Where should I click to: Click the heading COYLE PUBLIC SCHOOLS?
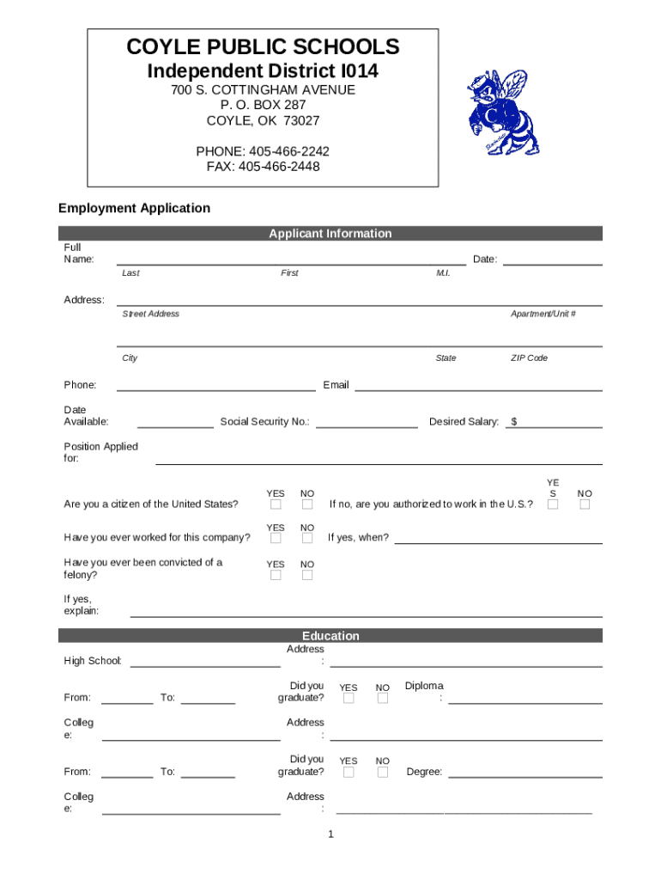tap(263, 46)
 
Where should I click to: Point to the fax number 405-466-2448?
tap(263, 167)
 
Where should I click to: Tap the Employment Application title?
tap(134, 208)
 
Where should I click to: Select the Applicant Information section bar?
tap(330, 233)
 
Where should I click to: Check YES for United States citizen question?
tap(276, 504)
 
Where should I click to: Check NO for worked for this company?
tap(307, 538)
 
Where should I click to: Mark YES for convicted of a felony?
tap(276, 575)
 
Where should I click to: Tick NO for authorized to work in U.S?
tap(585, 504)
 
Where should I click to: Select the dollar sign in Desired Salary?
tap(513, 422)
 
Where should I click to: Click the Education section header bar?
tap(330, 636)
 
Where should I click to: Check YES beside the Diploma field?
tap(349, 699)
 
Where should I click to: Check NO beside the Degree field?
tap(383, 773)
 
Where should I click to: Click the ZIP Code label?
tap(529, 358)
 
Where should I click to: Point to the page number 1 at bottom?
tap(330, 834)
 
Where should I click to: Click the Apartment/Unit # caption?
tap(543, 315)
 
